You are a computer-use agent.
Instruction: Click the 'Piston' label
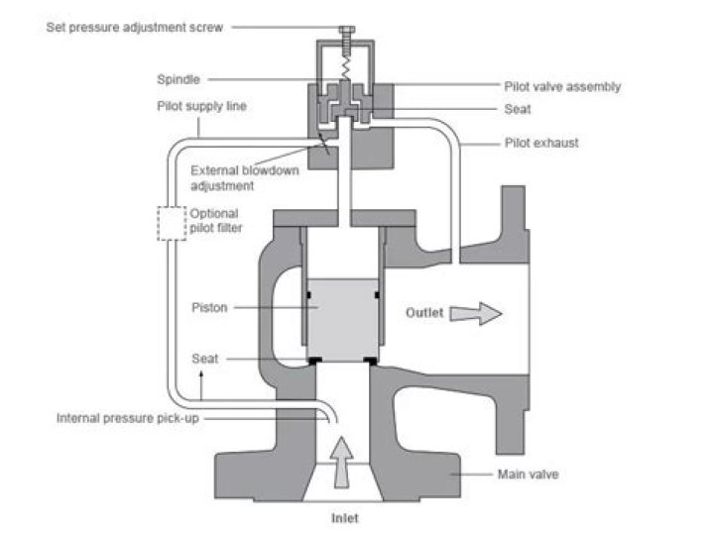click(210, 307)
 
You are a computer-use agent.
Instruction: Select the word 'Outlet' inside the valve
click(426, 313)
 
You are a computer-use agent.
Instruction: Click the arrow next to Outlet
click(476, 313)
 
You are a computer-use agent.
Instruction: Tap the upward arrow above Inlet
click(341, 462)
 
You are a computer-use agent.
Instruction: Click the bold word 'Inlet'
click(344, 517)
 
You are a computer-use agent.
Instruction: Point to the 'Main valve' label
click(527, 475)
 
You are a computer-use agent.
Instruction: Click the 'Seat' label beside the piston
click(206, 359)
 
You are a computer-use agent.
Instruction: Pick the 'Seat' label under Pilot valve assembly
click(517, 110)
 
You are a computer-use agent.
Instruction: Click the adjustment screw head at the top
click(350, 32)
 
